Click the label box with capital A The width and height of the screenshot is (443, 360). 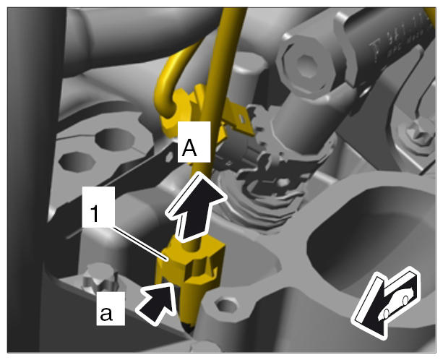(x=194, y=142)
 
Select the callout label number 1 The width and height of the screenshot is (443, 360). (x=98, y=207)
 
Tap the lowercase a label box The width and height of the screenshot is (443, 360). (x=111, y=309)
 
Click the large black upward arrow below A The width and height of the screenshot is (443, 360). (x=196, y=207)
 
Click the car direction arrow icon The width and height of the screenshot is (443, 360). (x=386, y=303)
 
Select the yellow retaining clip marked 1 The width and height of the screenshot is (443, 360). (x=190, y=261)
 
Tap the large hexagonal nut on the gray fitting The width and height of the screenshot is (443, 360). (x=306, y=66)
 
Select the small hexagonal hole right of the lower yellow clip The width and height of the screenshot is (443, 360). (x=225, y=306)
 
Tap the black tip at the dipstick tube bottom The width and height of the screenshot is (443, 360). (x=189, y=327)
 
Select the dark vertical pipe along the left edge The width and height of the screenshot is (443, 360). (x=33, y=180)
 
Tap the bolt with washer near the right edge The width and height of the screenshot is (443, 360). (x=417, y=135)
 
